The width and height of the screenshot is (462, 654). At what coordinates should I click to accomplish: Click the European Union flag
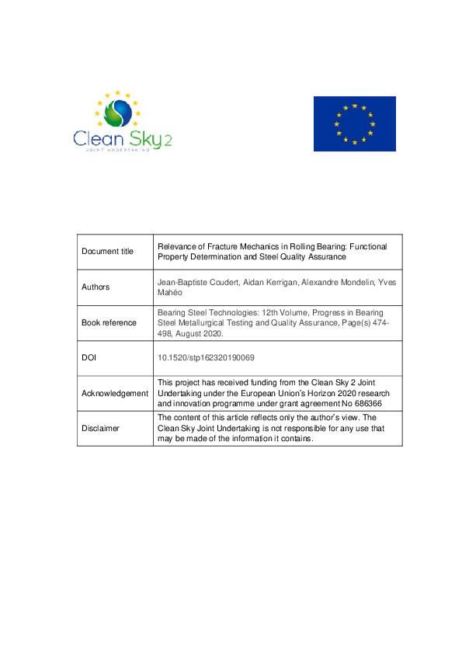coord(354,123)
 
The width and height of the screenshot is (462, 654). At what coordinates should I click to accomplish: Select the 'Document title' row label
coord(108,251)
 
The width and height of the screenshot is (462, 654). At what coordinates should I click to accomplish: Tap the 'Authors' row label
coord(96,287)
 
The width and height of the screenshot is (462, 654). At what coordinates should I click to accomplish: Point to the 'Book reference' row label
coord(109,322)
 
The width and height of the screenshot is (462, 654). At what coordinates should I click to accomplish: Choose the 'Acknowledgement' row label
coord(115,393)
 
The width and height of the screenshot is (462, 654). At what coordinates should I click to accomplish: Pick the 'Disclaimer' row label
coord(100,428)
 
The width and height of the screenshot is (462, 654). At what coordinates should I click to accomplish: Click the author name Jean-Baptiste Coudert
coord(196,282)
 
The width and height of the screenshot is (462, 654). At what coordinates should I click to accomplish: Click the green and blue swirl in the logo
coord(117,113)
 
